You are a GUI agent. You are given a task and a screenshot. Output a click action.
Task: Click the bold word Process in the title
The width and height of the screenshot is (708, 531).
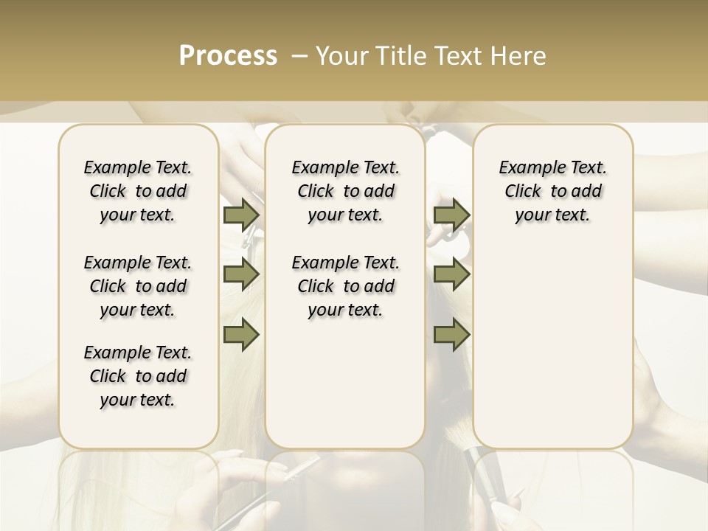coord(228,56)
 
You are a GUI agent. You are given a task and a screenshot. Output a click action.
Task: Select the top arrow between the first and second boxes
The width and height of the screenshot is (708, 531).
coord(241,215)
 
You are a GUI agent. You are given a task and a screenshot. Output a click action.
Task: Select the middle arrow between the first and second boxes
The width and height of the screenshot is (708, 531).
coord(241,274)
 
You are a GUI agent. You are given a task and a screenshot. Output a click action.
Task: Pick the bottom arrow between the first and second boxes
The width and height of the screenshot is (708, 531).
coord(241,335)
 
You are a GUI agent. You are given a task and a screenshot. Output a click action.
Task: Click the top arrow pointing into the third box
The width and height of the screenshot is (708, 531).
coord(451,215)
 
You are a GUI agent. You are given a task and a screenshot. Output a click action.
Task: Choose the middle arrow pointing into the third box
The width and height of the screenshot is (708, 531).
coord(451,274)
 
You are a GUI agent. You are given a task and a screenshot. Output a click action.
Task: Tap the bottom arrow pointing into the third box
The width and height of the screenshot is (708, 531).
coord(451,335)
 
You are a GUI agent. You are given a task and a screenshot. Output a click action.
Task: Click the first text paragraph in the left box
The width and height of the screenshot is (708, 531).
coord(138,191)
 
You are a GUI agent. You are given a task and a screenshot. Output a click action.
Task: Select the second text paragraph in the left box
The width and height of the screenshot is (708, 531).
coord(138,286)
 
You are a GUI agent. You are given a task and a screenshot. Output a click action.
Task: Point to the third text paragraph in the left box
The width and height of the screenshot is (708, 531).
coord(138,376)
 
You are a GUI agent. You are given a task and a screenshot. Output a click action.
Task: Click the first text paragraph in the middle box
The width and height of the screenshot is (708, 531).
coord(346,191)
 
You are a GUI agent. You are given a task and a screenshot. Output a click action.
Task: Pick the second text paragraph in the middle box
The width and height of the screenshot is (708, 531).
coord(346,286)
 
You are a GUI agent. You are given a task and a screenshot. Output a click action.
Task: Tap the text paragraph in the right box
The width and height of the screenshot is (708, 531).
coord(553,191)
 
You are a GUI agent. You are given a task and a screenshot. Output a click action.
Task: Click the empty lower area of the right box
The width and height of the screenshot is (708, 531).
coord(553,347)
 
